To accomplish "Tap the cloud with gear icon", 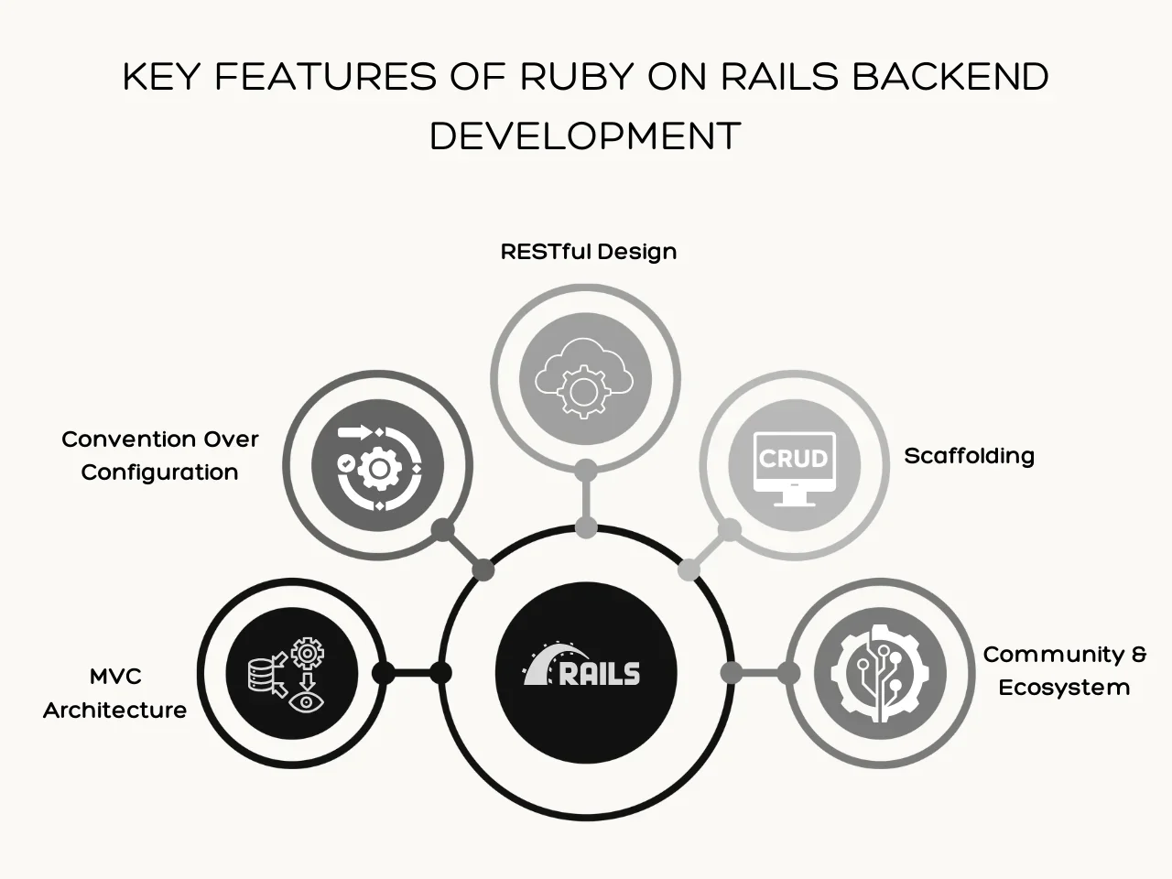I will click(x=585, y=378).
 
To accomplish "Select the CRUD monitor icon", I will click(x=794, y=466).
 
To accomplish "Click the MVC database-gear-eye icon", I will click(x=291, y=674).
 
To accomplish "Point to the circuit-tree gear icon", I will click(x=880, y=673).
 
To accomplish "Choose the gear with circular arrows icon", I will click(x=377, y=466).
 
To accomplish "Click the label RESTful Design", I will click(x=589, y=252).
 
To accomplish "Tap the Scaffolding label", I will click(x=969, y=456).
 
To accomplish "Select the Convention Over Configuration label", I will click(x=160, y=456).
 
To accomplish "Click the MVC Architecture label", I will click(x=114, y=693).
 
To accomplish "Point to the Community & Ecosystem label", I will click(x=1064, y=671).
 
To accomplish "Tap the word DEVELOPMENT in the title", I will click(x=585, y=136).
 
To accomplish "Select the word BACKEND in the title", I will click(x=950, y=78).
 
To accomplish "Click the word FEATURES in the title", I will click(x=325, y=78).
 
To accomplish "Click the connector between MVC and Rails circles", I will click(x=412, y=674).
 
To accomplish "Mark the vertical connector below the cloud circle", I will click(x=586, y=499).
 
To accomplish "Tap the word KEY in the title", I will click(x=161, y=78).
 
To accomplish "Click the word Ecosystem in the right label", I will click(x=1064, y=688).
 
